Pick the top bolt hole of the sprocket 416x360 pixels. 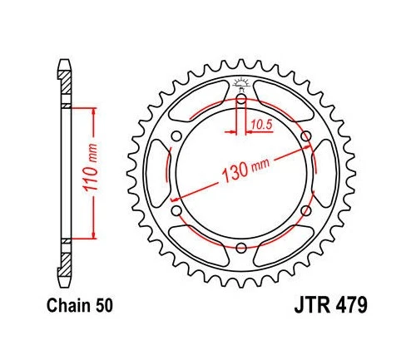[240, 100]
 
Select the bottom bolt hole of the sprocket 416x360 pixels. [240, 247]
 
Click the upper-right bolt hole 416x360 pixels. [305, 136]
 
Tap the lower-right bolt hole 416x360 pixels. [305, 210]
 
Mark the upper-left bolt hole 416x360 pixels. [176, 136]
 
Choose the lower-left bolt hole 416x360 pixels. [176, 210]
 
